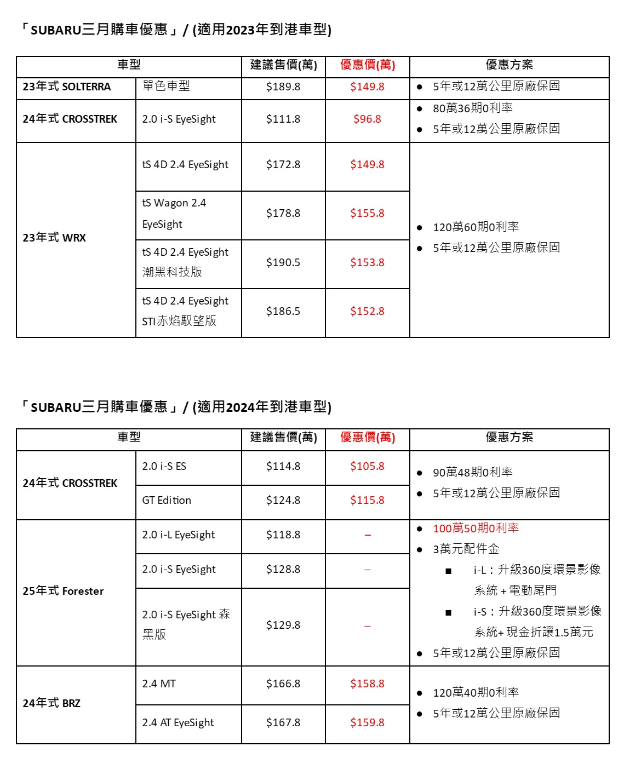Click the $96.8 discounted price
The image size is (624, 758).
point(367,119)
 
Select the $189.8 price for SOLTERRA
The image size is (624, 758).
point(283,87)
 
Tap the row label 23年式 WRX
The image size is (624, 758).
point(54,238)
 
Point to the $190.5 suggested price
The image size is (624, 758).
point(283,262)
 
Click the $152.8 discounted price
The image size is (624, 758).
point(367,311)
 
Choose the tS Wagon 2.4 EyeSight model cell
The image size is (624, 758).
point(174,214)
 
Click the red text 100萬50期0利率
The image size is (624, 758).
point(476,528)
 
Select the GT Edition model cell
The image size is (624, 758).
point(167,500)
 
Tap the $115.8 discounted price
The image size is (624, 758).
point(367,500)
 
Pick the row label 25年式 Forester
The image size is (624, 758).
point(63,591)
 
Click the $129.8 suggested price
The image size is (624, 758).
point(283,625)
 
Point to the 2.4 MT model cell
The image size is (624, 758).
point(159,684)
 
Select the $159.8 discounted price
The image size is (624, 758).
point(367,722)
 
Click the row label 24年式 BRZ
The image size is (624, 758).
point(51,703)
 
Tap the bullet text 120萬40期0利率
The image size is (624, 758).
point(476,692)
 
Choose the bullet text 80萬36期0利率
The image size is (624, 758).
point(472,108)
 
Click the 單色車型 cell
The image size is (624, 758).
point(166,86)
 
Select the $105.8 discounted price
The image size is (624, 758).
point(367,466)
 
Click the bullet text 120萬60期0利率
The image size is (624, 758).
point(476,227)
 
